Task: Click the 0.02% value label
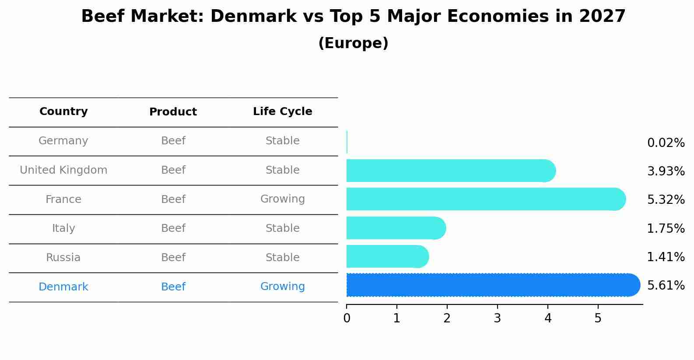point(666,143)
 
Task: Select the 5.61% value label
point(666,286)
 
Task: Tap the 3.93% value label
point(666,171)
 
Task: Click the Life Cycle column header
point(282,112)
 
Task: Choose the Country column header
point(63,112)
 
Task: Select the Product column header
point(173,112)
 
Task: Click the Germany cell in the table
point(63,141)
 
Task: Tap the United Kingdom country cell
point(63,170)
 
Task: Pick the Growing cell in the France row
point(282,199)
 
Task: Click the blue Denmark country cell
point(63,287)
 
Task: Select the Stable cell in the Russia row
point(282,258)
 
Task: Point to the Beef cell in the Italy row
point(173,228)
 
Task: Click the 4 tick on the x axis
point(548,318)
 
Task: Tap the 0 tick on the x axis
point(347,318)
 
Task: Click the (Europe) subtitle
point(353,43)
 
